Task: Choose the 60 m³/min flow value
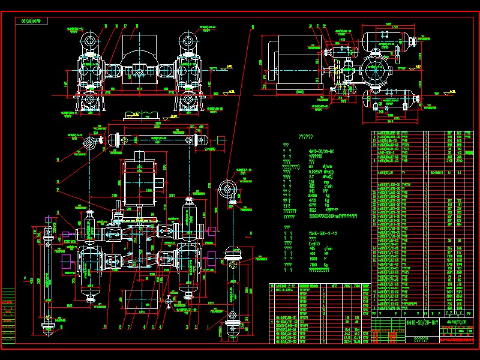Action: tap(310, 167)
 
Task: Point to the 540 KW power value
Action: tap(311, 190)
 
